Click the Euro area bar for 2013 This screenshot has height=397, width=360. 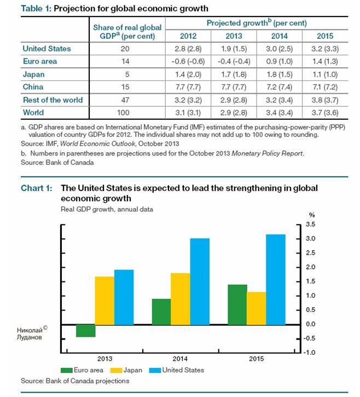(x=86, y=330)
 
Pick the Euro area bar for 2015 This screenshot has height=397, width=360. (x=237, y=304)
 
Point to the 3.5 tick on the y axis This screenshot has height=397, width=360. (x=310, y=225)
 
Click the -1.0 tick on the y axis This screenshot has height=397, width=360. (x=309, y=352)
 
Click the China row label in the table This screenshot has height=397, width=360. (x=34, y=87)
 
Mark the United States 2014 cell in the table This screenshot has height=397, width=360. (x=279, y=49)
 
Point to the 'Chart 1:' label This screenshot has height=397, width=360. (x=37, y=188)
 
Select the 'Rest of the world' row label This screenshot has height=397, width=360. (x=53, y=100)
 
